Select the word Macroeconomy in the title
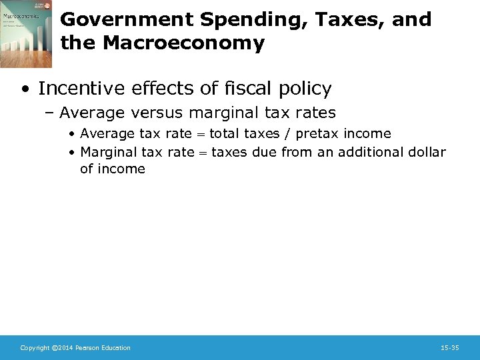(x=183, y=44)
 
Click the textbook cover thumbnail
(x=26, y=34)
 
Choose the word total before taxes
(x=224, y=133)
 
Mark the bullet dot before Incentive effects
(x=25, y=89)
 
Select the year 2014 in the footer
(x=65, y=348)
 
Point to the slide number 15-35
(x=450, y=348)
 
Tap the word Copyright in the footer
(x=35, y=348)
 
